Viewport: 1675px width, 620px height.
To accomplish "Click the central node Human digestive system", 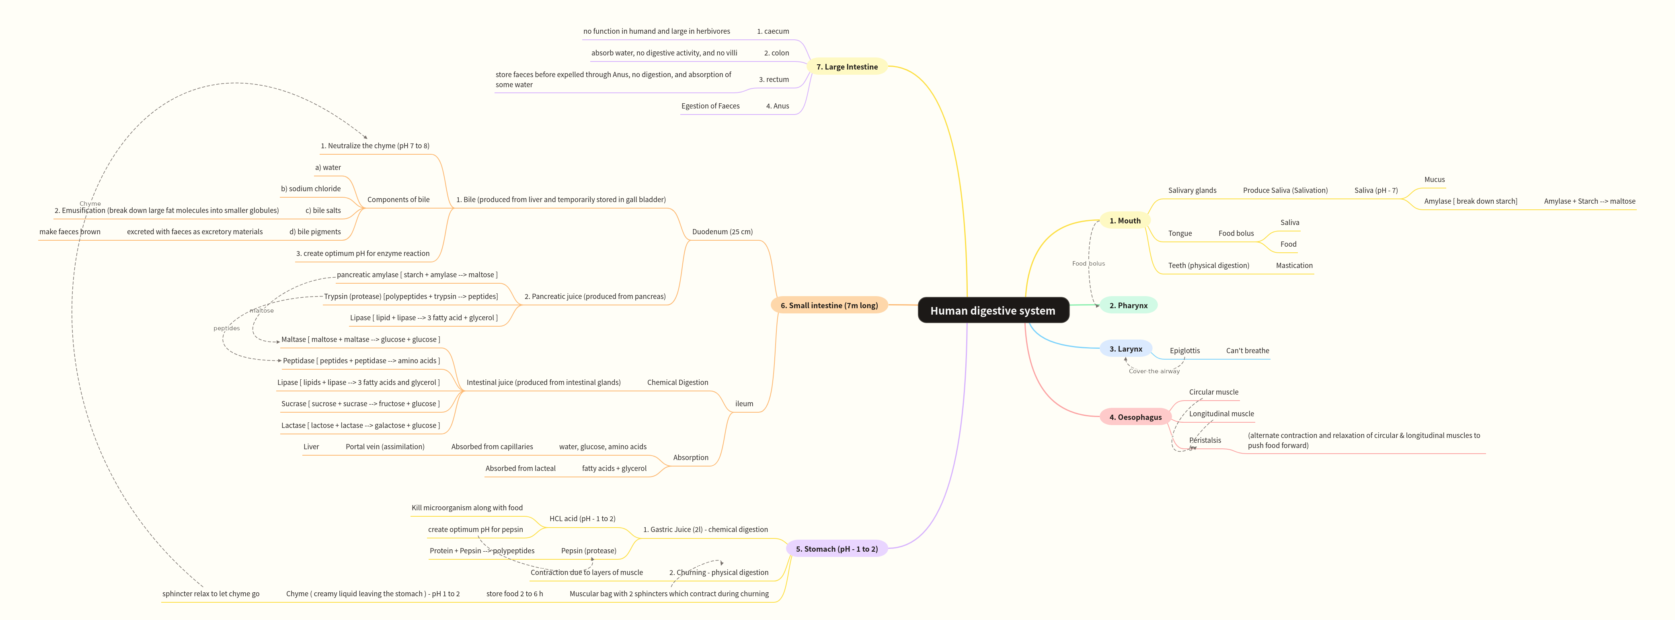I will coord(993,311).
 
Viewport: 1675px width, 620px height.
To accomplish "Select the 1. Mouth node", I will coord(1124,220).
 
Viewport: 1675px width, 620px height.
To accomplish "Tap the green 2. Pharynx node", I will coord(1128,305).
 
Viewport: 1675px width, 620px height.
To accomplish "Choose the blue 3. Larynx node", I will coord(1125,349).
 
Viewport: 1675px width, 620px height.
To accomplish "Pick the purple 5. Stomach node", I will coord(836,549).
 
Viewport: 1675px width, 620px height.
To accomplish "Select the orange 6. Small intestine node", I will coord(829,305).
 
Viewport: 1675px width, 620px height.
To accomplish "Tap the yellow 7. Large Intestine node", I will coord(847,67).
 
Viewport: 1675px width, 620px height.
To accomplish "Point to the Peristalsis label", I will coord(1205,441).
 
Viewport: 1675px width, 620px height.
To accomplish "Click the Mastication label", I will coord(1293,266).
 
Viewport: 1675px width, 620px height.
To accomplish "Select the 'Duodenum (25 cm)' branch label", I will coord(722,232).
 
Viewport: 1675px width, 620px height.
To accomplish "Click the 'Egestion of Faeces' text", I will coord(710,106).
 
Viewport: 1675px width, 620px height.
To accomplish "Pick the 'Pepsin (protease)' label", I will coord(589,551).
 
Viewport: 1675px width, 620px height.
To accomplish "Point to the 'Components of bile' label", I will coord(398,200).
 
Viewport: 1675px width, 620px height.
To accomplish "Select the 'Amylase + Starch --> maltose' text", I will coord(1589,201).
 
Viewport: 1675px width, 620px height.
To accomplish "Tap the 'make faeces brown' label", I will coord(70,232).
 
